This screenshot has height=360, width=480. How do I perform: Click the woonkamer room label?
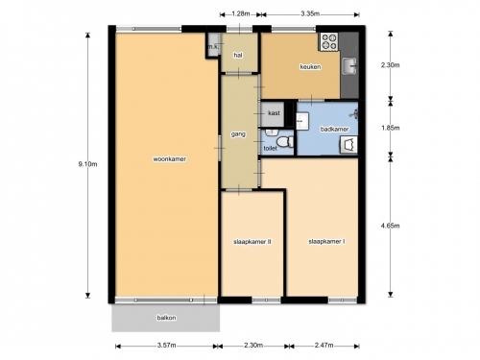click(169, 159)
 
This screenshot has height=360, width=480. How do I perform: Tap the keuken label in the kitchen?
click(310, 67)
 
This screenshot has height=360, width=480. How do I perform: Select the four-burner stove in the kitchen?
click(329, 42)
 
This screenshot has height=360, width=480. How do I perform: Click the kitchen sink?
click(349, 66)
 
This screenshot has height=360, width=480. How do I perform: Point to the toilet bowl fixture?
click(285, 141)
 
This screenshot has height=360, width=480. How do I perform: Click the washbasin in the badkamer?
click(302, 121)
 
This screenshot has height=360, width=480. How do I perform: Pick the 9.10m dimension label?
click(87, 164)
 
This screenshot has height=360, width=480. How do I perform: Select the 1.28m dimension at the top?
click(241, 13)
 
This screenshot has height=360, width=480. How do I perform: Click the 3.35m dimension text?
click(310, 13)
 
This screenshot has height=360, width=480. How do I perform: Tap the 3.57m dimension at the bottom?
click(166, 346)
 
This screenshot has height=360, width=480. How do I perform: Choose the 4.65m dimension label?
click(390, 226)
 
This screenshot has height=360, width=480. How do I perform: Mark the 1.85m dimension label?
click(390, 128)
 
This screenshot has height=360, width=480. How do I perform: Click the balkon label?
click(166, 318)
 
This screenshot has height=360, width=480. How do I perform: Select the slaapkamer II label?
click(252, 242)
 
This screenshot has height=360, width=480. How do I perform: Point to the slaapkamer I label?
click(326, 242)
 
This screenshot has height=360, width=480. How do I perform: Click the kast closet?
click(273, 114)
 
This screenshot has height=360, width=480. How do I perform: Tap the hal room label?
click(238, 56)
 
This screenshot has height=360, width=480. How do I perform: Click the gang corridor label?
click(238, 134)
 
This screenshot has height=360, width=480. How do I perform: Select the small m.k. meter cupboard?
click(213, 45)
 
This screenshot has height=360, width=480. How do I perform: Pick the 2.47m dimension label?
click(324, 346)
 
